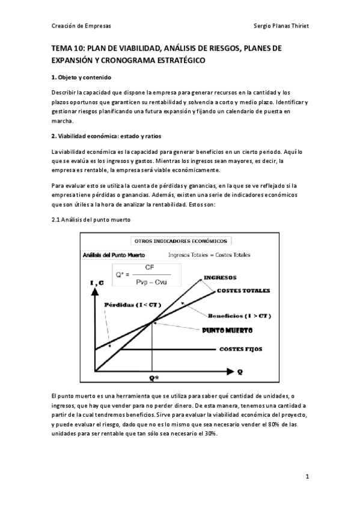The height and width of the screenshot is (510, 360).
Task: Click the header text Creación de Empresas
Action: (81, 26)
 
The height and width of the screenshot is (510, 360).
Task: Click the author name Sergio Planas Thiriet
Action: (282, 26)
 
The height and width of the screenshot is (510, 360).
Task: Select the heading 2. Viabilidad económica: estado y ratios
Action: (108, 136)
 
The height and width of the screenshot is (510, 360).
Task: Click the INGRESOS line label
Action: (220, 277)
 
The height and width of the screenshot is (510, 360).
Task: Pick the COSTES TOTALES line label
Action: (243, 290)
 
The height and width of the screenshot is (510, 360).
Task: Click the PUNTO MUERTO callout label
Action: (227, 331)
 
